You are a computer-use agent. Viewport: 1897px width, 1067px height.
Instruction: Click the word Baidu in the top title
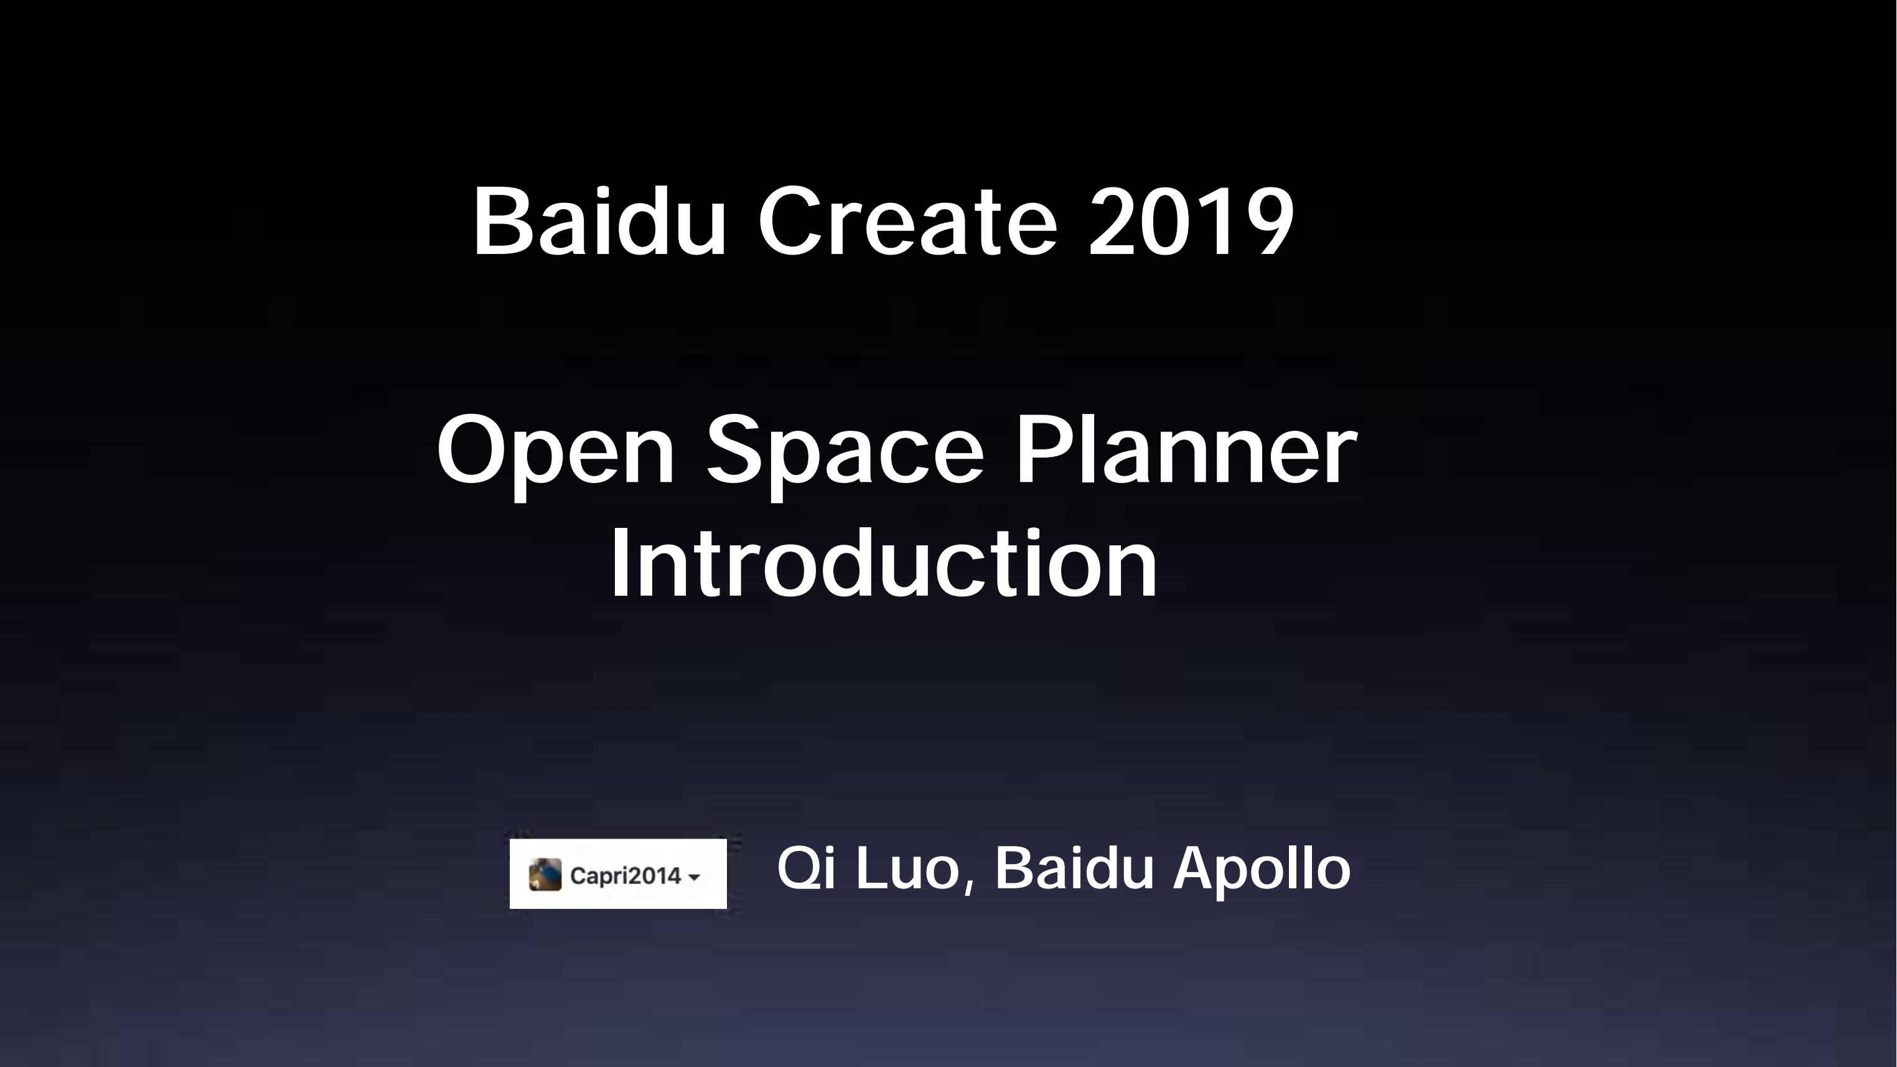point(599,221)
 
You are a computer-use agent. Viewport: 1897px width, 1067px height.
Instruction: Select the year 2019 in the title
point(1191,221)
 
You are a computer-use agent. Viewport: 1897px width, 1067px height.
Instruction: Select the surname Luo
point(908,869)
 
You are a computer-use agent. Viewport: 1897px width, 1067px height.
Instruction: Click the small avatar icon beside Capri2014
point(545,874)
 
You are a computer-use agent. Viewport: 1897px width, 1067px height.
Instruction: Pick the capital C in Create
point(789,221)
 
